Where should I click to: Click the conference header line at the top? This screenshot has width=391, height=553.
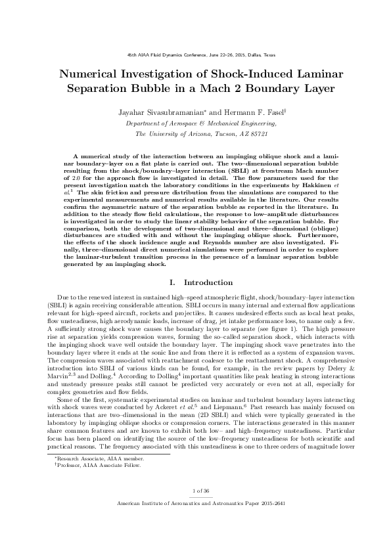(x=195, y=55)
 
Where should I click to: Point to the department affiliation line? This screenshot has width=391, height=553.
(x=195, y=123)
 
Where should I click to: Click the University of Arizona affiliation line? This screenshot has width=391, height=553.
(x=195, y=133)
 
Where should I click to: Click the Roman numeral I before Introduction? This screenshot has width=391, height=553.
(x=172, y=282)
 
